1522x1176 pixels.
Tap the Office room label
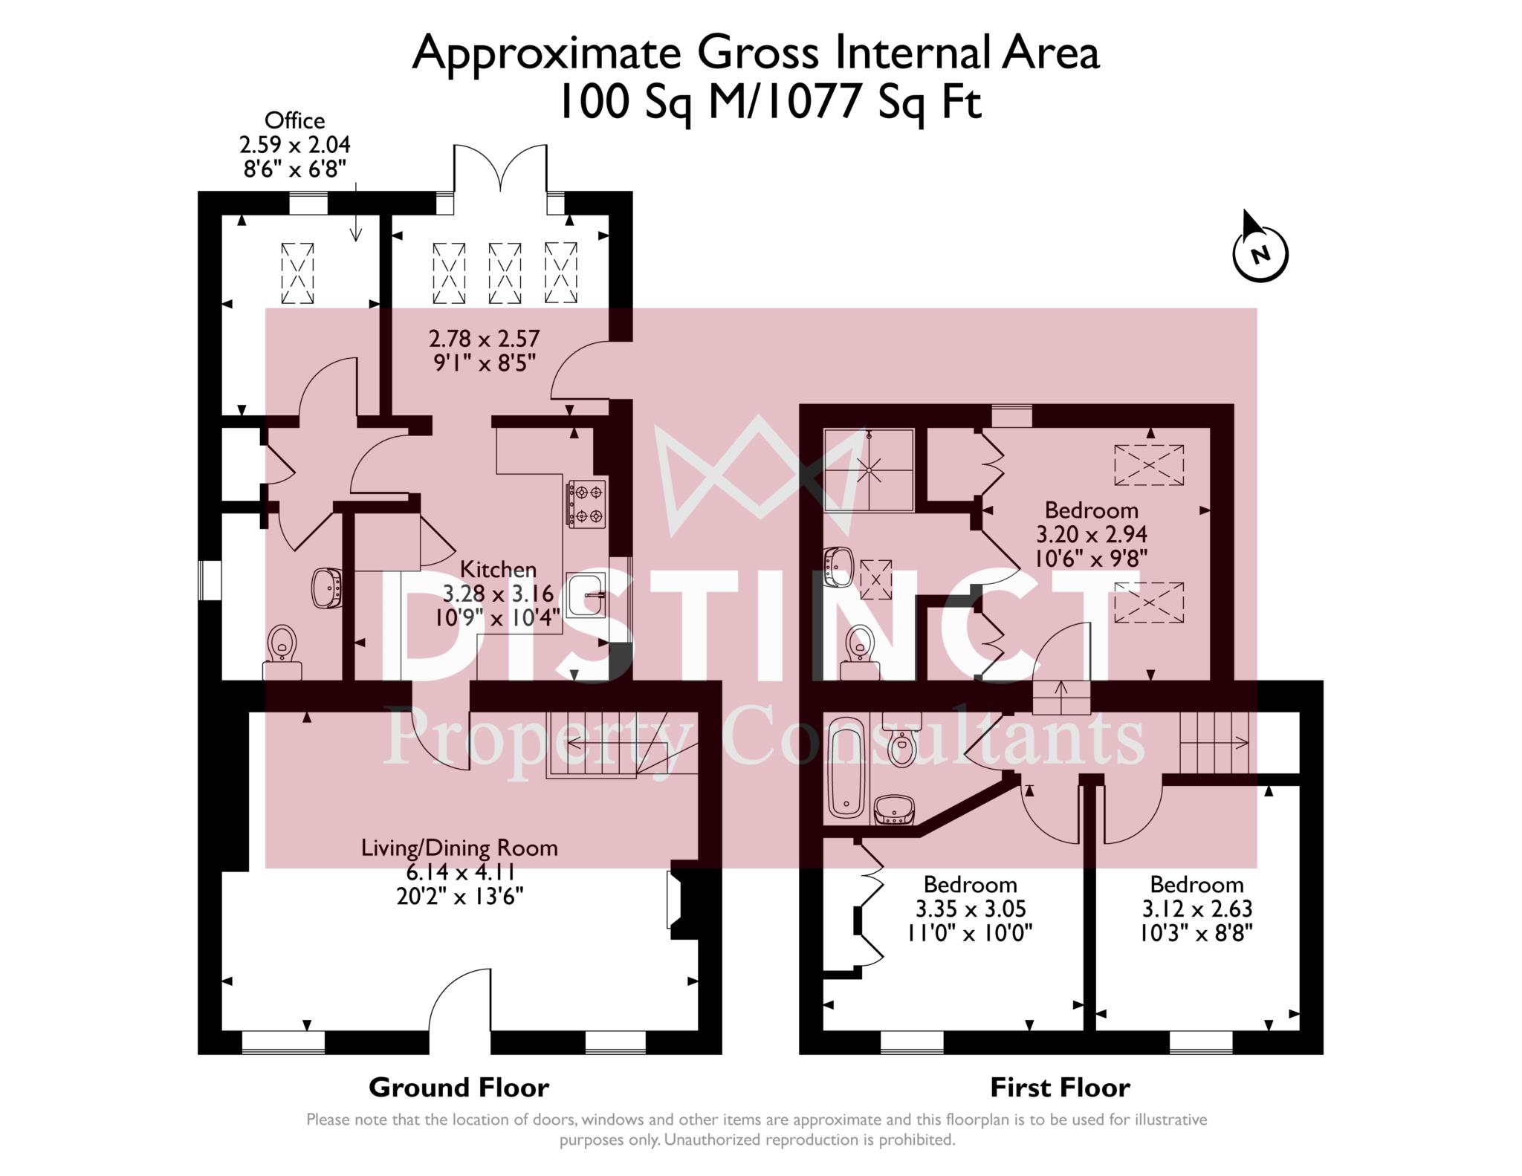294,120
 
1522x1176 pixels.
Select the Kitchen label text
498,570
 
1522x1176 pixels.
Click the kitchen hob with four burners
587,503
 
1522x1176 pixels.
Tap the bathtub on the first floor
846,770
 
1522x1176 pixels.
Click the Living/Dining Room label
459,848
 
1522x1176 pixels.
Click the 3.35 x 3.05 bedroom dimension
971,909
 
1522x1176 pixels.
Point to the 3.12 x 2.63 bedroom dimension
1196,909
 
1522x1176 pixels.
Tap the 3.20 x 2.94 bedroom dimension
1091,534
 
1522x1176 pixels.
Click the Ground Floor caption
459,1088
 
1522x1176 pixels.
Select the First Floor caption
1060,1088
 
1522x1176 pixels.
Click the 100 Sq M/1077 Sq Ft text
769,103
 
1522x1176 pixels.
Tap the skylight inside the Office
297,273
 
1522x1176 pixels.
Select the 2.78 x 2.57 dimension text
484,339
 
